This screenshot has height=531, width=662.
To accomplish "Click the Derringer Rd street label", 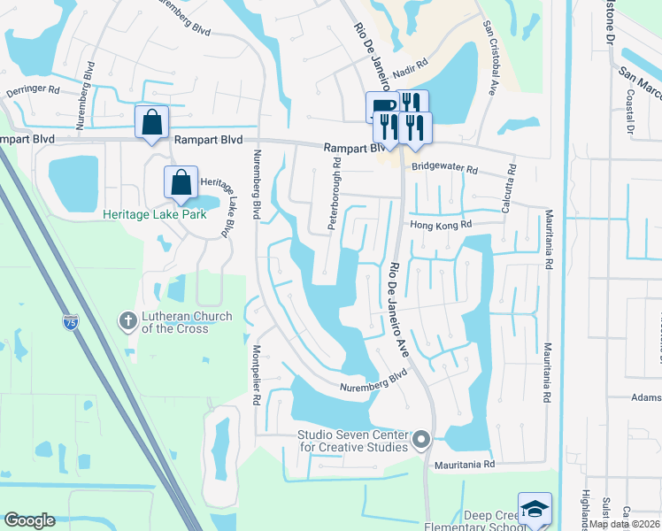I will click(33, 89).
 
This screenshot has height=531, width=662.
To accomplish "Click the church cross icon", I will click(128, 320).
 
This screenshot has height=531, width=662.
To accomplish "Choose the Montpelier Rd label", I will click(257, 375).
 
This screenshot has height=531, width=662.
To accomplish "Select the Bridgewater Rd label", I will click(444, 168).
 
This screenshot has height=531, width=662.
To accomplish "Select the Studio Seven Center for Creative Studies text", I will click(352, 440).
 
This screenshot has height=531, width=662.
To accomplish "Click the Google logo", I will click(29, 520).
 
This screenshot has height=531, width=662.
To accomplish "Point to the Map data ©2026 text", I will click(624, 524).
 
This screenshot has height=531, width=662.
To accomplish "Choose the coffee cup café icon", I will click(382, 105).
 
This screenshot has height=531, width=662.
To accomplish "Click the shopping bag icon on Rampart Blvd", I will click(151, 120).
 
